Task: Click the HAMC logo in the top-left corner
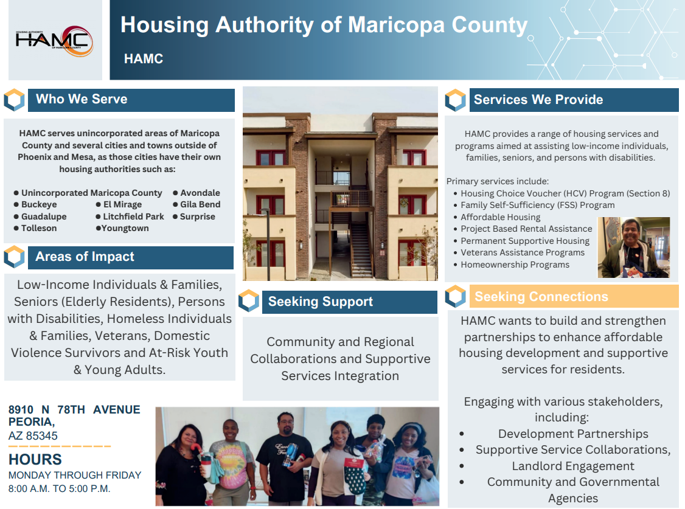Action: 55,41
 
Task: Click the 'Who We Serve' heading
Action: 82,99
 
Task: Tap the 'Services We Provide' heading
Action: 538,100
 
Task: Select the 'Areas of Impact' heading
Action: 85,257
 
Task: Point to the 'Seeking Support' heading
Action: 321,302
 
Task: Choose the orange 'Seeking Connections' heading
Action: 541,297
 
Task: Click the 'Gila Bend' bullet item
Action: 200,204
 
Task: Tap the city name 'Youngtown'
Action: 125,228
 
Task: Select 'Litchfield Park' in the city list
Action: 133,216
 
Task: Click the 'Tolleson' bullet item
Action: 39,228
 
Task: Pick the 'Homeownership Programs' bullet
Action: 515,265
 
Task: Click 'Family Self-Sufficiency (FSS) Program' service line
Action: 537,205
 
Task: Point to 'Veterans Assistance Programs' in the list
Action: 522,252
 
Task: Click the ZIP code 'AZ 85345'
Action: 33,435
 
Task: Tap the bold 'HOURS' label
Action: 35,459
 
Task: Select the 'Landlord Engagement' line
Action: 572,466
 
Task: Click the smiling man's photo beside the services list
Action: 633,248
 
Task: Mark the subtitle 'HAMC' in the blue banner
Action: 144,59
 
